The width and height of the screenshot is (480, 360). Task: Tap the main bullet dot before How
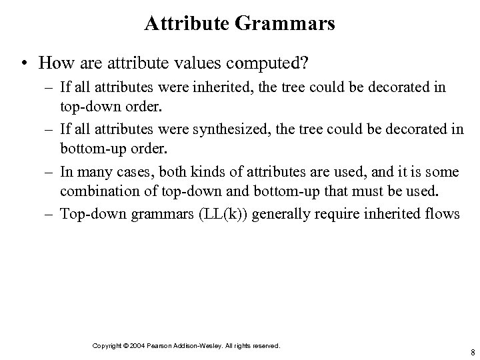(24, 64)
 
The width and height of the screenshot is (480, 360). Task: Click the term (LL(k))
(231, 215)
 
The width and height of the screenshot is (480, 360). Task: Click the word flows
(443, 215)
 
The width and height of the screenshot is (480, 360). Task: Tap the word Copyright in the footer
(107, 346)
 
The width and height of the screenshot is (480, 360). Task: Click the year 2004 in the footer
(141, 346)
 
